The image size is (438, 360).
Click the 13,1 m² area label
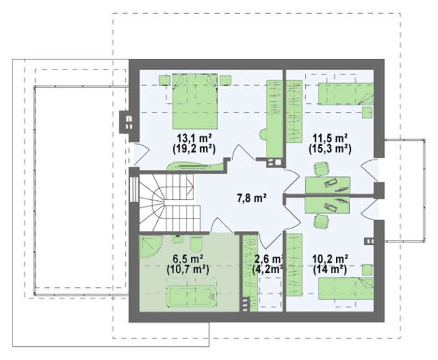[x=194, y=138]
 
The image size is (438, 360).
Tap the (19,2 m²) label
[x=194, y=149]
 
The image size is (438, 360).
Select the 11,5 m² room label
[x=330, y=138]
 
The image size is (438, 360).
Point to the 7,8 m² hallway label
[x=252, y=198]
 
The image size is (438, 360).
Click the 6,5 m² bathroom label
[x=188, y=259]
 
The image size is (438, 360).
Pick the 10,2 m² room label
[x=330, y=259]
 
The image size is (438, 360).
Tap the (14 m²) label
[x=330, y=269]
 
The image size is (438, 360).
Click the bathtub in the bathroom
[x=191, y=297]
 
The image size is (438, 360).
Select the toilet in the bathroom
[x=196, y=244]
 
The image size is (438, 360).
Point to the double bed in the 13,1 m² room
[x=195, y=101]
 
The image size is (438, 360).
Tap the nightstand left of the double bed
[x=165, y=80]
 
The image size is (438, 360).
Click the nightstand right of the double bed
[x=225, y=80]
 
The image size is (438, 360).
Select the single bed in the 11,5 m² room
[x=346, y=94]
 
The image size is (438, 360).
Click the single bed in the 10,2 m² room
[x=346, y=289]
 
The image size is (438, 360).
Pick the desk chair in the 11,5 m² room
[x=321, y=169]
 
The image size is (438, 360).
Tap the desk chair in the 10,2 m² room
[x=321, y=222]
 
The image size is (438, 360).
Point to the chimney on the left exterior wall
[x=125, y=122]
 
